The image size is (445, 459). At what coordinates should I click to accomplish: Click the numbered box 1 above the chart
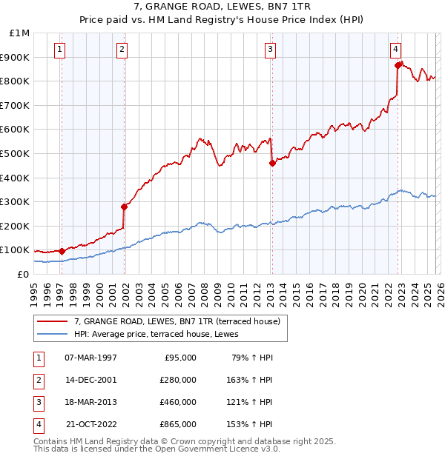59,50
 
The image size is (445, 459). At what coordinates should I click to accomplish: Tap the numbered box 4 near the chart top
396,50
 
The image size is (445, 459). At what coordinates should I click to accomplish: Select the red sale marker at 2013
272,163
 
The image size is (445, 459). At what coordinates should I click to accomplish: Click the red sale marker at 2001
124,207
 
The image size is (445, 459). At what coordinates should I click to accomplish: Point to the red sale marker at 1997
62,251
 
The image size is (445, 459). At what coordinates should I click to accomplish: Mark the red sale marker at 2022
398,65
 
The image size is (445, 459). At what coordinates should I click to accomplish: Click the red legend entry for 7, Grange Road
177,321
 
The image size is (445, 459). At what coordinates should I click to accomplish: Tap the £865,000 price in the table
178,424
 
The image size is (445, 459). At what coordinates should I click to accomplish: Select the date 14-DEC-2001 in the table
91,380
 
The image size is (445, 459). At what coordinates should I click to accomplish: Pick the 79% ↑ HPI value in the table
252,358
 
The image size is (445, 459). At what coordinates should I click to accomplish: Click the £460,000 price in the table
178,402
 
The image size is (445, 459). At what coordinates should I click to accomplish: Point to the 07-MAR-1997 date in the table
91,358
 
